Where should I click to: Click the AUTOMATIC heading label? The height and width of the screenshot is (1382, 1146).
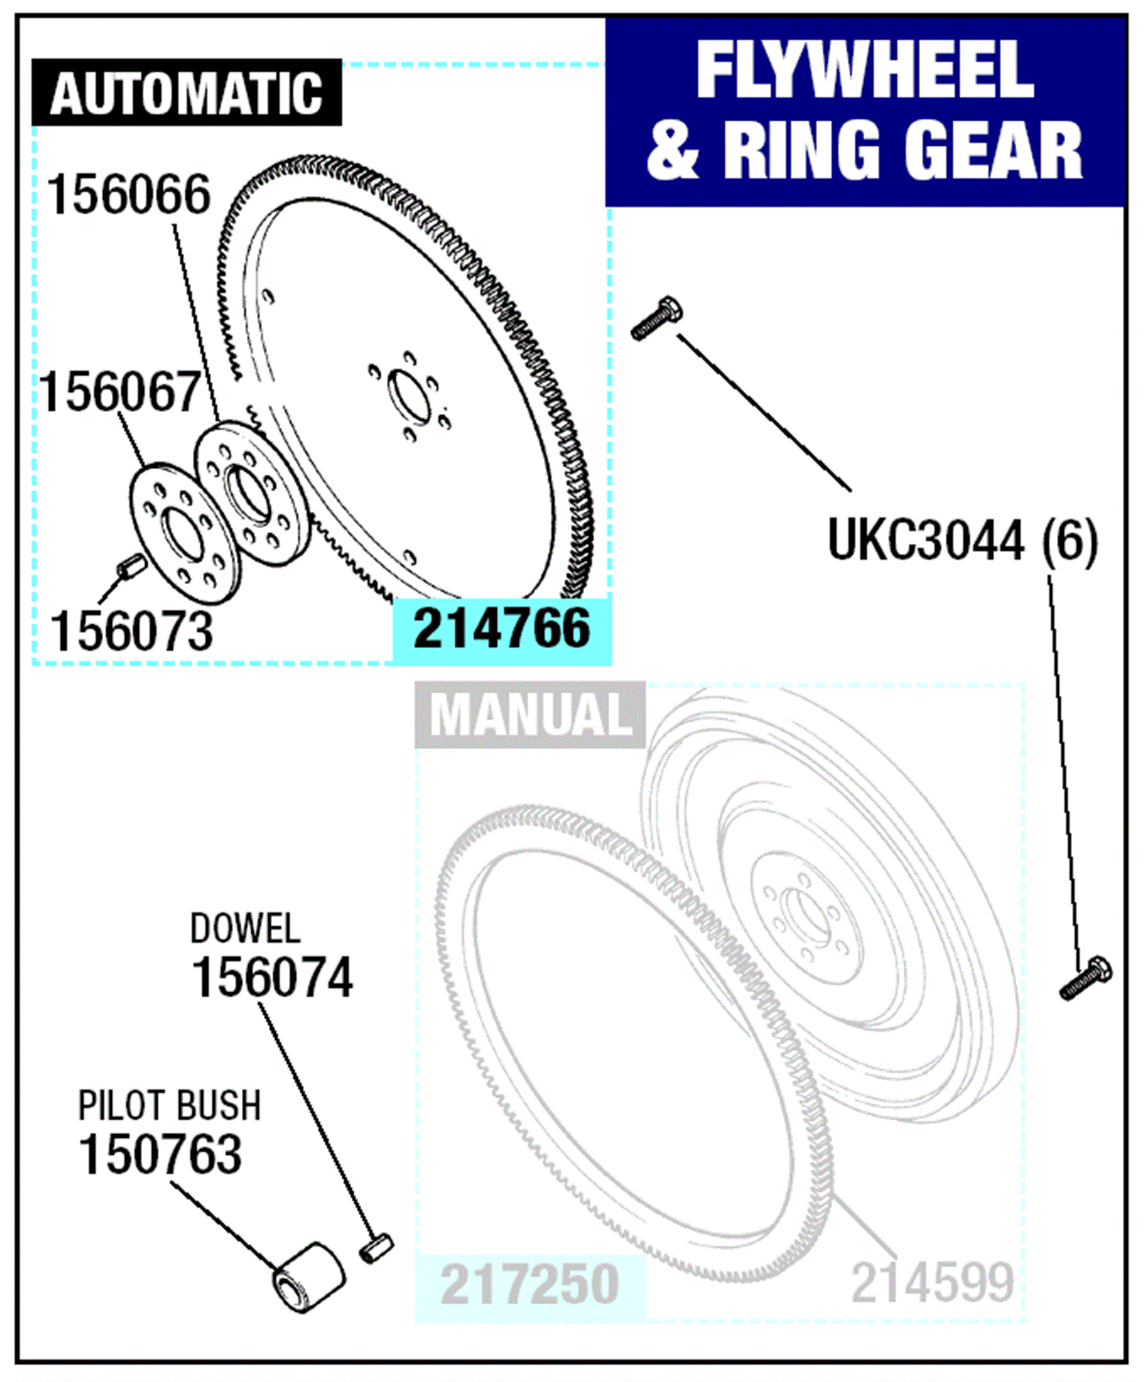pyautogui.click(x=187, y=93)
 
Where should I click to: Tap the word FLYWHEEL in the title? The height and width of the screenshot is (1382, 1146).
pyautogui.click(x=865, y=70)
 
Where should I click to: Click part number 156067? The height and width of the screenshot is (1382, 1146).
pyautogui.click(x=120, y=392)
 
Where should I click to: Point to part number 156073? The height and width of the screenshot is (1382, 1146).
pyautogui.click(x=131, y=631)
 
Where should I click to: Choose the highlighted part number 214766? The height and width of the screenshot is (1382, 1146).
pyautogui.click(x=502, y=628)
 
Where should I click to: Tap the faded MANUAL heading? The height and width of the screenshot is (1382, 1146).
pyautogui.click(x=530, y=714)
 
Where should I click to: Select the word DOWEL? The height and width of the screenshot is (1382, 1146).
pyautogui.click(x=245, y=929)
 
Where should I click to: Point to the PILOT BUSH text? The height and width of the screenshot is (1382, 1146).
pyautogui.click(x=169, y=1106)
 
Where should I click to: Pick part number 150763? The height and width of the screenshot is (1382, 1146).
pyautogui.click(x=160, y=1154)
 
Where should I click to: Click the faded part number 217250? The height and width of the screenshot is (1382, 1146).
pyautogui.click(x=529, y=1284)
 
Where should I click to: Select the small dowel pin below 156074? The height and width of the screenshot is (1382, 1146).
pyautogui.click(x=377, y=1248)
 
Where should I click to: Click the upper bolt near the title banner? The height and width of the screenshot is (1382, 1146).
pyautogui.click(x=657, y=317)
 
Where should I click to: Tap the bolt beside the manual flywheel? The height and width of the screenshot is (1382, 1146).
pyautogui.click(x=1086, y=977)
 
